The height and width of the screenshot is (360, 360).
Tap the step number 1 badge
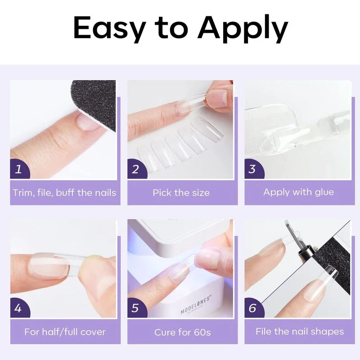tap(18, 169)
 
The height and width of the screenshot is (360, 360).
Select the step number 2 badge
tap(136, 169)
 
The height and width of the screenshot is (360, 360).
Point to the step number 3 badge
tap(252, 169)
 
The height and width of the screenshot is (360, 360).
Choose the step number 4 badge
tap(18, 308)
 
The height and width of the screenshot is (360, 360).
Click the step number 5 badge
tap(136, 308)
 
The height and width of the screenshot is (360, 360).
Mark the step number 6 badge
tap(252, 308)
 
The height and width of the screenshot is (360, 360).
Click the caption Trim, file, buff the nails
tap(64, 193)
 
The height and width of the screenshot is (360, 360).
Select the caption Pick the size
tap(181, 193)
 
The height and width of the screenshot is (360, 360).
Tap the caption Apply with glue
tap(298, 192)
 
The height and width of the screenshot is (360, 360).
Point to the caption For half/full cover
tap(65, 332)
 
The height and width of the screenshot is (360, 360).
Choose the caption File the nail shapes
tap(300, 332)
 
